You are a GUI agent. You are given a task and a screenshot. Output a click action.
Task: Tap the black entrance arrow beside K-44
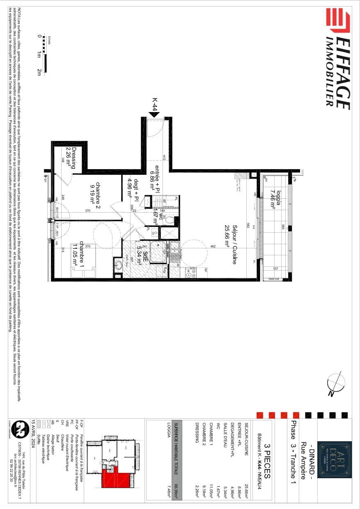point(154,115)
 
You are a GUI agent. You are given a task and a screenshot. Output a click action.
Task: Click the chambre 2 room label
point(96,193)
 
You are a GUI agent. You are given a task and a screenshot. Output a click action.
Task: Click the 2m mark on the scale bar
point(39,72)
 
